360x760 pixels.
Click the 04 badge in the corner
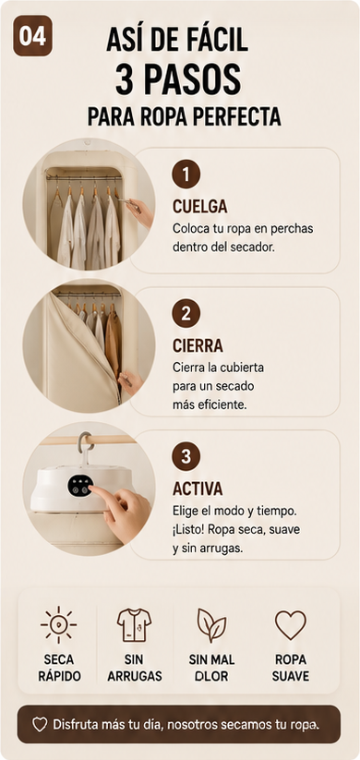click(32, 35)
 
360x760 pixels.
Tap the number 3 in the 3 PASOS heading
click(125, 80)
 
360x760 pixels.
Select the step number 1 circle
click(186, 174)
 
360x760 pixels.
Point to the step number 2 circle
click(186, 314)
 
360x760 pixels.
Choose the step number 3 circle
click(186, 456)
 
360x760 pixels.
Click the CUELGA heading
click(199, 207)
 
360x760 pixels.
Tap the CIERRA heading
click(198, 345)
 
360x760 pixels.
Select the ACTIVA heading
click(198, 489)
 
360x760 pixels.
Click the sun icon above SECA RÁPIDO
click(59, 624)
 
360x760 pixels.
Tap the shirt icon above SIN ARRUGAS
click(134, 625)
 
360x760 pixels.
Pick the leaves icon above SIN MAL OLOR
click(211, 625)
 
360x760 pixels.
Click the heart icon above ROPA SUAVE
click(291, 625)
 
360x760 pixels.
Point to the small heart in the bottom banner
click(40, 725)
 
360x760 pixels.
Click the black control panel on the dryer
click(80, 485)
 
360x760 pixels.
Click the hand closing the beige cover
click(130, 381)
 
